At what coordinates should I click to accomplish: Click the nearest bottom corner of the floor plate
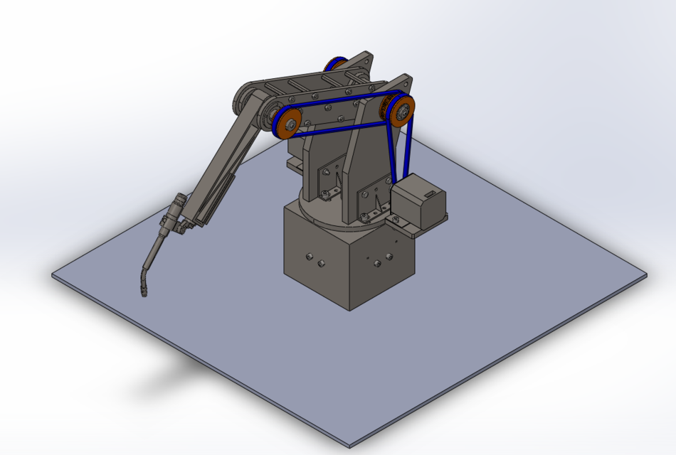[x=349, y=446]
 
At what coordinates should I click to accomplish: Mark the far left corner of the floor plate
[x=53, y=274]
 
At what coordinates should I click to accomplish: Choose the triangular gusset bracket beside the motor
[x=370, y=203]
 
